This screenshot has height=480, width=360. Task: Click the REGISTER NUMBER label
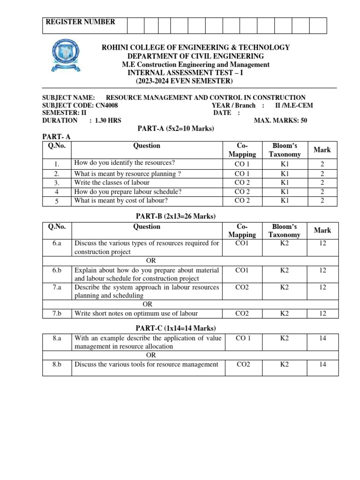pyautogui.click(x=80, y=22)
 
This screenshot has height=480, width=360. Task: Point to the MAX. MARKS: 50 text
pyautogui.click(x=280, y=120)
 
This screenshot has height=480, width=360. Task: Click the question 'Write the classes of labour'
pyautogui.click(x=112, y=182)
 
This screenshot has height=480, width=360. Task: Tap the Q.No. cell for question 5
pyautogui.click(x=57, y=201)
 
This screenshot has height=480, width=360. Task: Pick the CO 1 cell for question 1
pyautogui.click(x=242, y=164)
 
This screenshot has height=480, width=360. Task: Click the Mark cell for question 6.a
pyautogui.click(x=322, y=244)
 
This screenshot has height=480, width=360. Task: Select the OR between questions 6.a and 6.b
pyautogui.click(x=151, y=261)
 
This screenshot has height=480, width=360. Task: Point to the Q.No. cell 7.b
pyautogui.click(x=57, y=314)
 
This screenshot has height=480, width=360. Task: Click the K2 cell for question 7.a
pyautogui.click(x=285, y=287)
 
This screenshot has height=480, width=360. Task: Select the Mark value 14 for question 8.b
pyautogui.click(x=322, y=364)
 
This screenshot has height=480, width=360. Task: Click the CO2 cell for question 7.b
pyautogui.click(x=242, y=314)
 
